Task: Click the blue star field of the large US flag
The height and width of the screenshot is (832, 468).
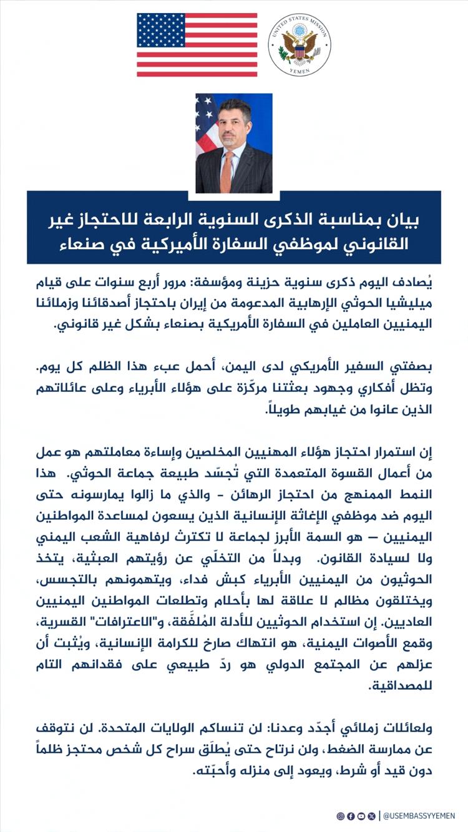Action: [x=162, y=29]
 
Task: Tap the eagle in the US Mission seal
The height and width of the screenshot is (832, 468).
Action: [x=300, y=45]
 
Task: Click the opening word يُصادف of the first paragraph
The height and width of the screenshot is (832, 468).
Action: [x=417, y=282]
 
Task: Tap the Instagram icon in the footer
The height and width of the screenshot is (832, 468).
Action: [x=340, y=816]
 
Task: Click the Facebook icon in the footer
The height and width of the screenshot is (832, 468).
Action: [x=351, y=816]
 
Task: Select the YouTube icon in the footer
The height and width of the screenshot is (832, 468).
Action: [x=361, y=816]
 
